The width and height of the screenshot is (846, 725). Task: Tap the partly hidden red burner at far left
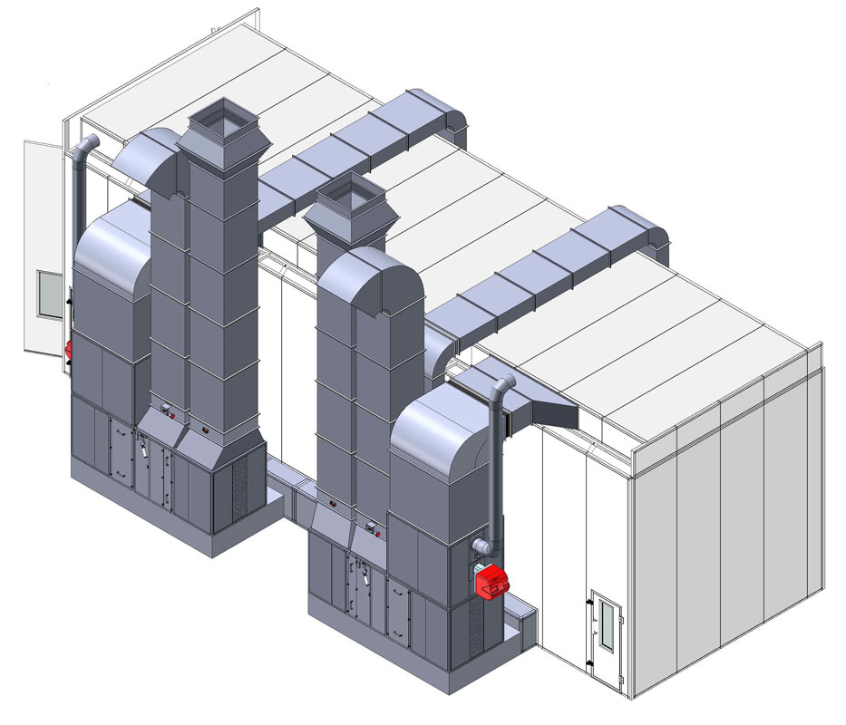(67, 350)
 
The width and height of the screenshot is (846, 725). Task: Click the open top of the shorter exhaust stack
(350, 195)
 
